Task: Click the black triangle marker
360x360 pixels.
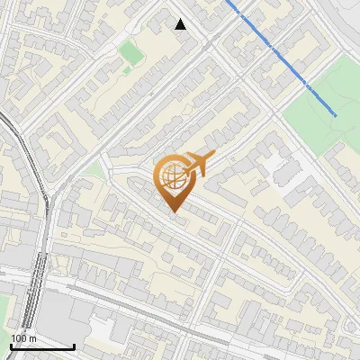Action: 181,24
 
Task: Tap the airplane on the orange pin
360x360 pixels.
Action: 197,164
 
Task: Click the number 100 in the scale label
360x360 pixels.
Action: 20,337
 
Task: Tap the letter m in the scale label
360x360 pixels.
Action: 34,337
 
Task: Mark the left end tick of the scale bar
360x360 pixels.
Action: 11,346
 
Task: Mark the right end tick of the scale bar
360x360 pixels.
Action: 75,346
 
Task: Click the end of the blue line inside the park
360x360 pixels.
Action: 336,115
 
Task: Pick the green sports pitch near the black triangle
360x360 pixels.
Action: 131,54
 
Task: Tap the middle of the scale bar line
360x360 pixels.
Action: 42,346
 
